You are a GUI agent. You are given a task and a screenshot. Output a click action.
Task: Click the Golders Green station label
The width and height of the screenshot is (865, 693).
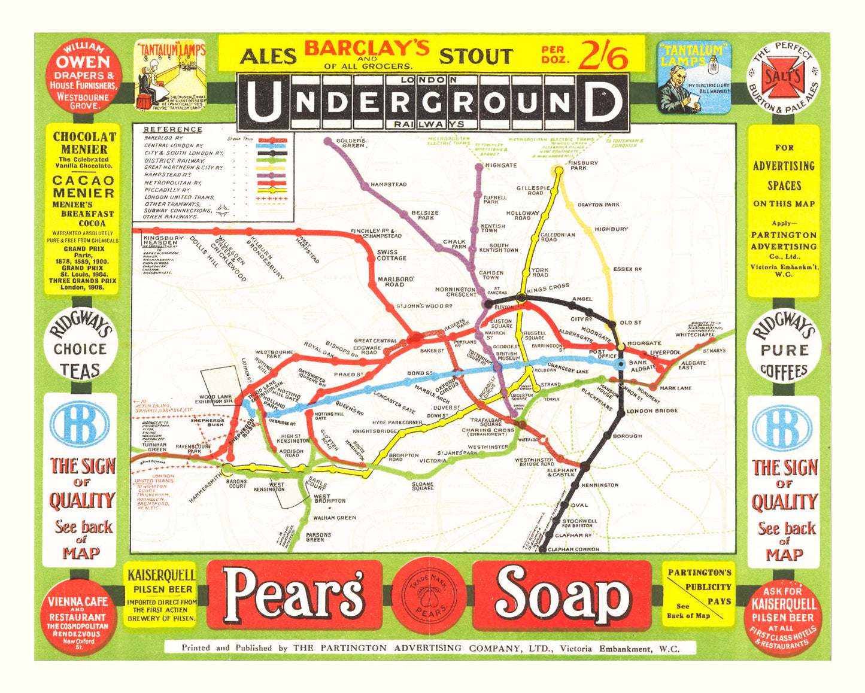(x=351, y=143)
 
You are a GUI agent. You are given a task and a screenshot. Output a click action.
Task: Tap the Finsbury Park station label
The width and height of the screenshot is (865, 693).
(x=583, y=165)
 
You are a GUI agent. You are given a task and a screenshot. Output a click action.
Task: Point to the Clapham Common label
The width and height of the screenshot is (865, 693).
(x=573, y=549)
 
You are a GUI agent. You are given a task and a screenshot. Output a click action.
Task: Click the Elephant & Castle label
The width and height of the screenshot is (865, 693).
(x=562, y=472)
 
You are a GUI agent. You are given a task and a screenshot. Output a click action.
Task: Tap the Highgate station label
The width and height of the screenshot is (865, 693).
(x=500, y=165)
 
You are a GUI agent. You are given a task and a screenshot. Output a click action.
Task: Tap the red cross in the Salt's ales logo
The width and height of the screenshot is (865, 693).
(x=783, y=78)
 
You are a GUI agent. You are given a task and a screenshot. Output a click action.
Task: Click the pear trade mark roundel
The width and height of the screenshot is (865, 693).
(x=429, y=595)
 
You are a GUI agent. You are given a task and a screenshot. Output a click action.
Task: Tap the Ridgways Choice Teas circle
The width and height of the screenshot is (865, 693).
(x=80, y=348)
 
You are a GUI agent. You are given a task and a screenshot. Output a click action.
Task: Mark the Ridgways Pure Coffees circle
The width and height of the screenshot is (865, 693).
(x=784, y=349)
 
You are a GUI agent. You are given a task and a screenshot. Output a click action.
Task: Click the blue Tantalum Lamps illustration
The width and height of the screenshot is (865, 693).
(x=694, y=77)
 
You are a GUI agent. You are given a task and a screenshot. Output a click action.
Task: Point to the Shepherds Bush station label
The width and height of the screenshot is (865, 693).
(x=207, y=423)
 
